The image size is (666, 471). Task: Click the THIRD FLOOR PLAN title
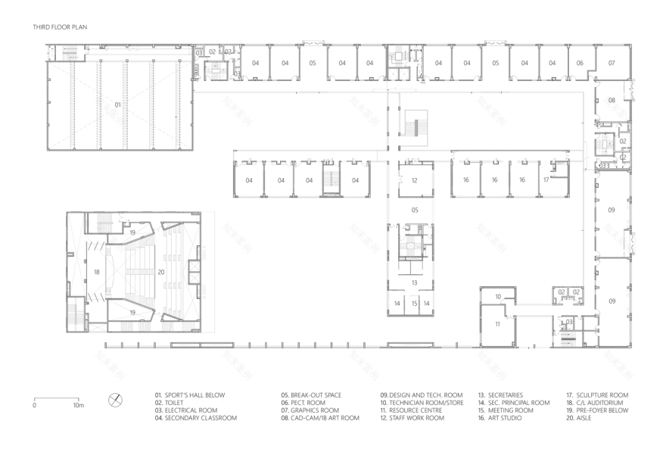tap(60, 27)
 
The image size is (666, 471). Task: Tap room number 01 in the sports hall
tap(117, 104)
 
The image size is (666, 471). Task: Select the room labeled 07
tap(612, 63)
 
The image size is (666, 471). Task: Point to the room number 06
tap(580, 63)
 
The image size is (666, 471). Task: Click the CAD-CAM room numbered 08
tap(612, 100)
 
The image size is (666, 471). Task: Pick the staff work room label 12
tap(415, 180)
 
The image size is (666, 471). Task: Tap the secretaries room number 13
tap(415, 282)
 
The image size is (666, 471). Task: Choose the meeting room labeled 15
tap(415, 303)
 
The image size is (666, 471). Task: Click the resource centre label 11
tap(497, 324)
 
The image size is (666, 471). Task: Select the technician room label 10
tap(497, 296)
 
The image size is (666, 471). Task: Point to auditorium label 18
tap(96, 271)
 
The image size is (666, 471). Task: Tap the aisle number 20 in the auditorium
tap(160, 271)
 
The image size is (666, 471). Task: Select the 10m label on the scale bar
tap(78, 405)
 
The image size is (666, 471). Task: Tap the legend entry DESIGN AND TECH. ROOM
tap(422, 395)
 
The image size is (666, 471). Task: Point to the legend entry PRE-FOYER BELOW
tap(595, 410)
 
